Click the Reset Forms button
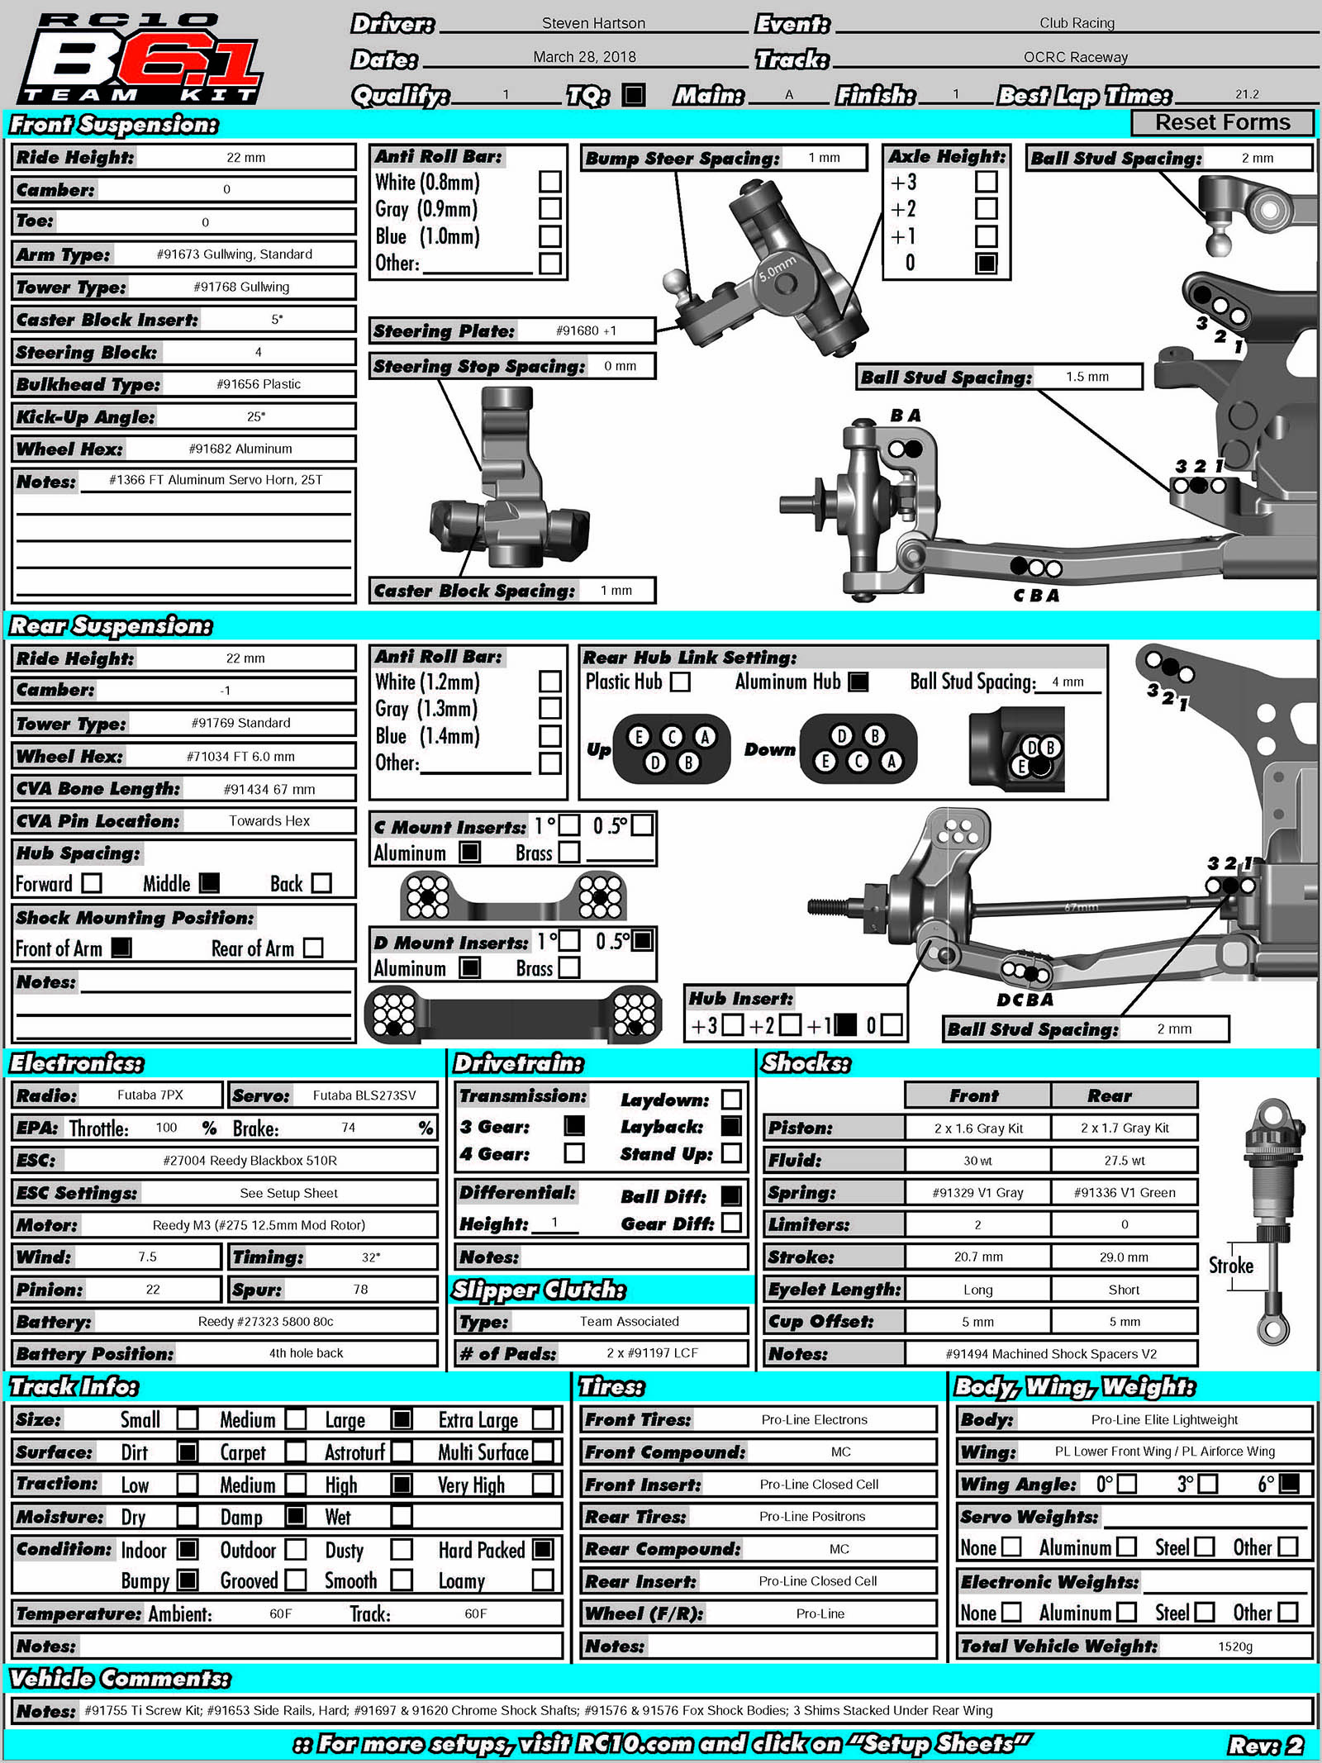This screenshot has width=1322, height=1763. click(x=1221, y=122)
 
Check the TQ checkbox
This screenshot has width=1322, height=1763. click(x=634, y=94)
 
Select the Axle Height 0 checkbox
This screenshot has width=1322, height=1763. click(x=986, y=263)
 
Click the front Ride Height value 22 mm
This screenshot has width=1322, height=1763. click(x=245, y=157)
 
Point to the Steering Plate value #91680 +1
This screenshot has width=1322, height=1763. click(x=586, y=330)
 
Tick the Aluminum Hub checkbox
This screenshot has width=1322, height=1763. click(x=859, y=682)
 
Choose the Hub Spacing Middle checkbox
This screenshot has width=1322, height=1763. click(x=210, y=883)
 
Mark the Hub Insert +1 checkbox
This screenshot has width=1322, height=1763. click(x=845, y=1025)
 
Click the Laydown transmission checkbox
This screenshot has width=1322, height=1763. click(x=731, y=1099)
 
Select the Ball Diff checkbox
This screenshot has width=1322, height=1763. click(x=731, y=1195)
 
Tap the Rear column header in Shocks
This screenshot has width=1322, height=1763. click(x=1109, y=1095)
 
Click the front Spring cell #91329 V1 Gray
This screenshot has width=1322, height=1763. click(x=977, y=1192)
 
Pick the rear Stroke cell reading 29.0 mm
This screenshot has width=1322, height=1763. click(x=1124, y=1257)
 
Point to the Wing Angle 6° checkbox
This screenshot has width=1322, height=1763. click(x=1289, y=1484)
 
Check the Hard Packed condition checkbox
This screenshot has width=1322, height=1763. click(x=543, y=1549)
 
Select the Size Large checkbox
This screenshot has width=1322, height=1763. click(x=402, y=1419)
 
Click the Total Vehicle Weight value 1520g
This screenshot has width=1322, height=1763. click(x=1234, y=1647)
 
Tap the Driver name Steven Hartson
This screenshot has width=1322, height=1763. click(x=593, y=23)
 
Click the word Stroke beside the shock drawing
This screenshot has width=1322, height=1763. click(x=1230, y=1266)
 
